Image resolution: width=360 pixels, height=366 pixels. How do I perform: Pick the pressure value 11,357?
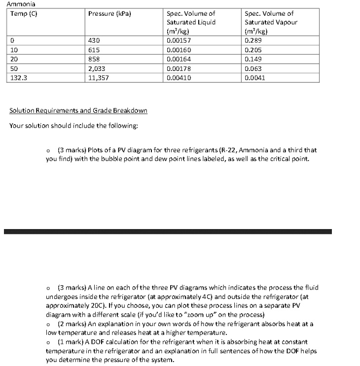tap(99, 78)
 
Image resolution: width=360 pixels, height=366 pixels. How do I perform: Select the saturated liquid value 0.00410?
tap(179, 78)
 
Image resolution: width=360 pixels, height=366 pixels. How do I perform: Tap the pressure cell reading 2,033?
tap(97, 68)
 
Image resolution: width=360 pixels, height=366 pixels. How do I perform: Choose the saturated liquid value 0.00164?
tap(179, 59)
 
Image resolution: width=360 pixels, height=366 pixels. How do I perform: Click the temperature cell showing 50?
tap(13, 68)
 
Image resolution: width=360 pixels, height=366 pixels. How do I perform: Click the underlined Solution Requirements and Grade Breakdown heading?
tap(78, 110)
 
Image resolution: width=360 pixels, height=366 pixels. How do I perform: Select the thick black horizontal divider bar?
tap(168, 231)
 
